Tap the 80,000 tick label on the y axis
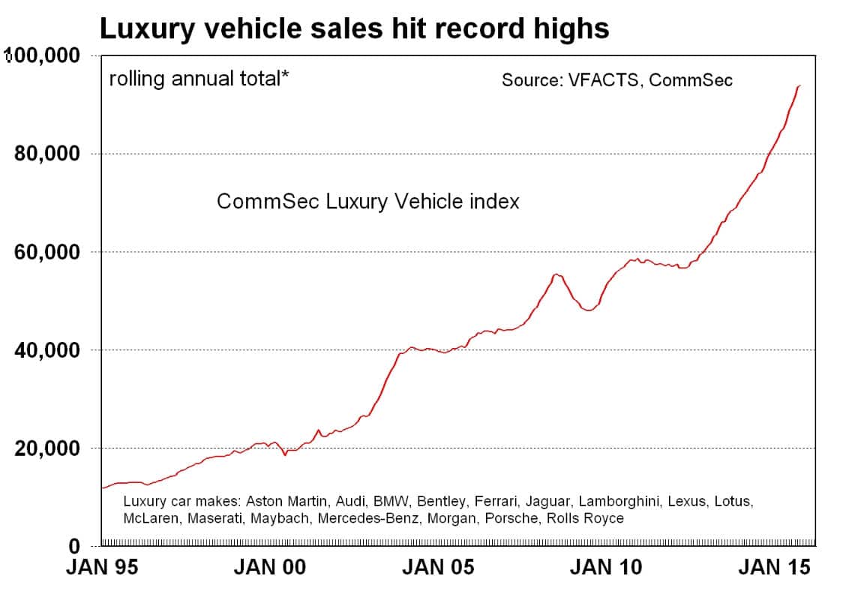pos(46,154)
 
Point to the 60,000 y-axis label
pos(46,252)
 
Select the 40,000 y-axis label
pos(46,350)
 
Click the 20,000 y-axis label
pos(46,448)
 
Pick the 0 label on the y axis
pos(74,546)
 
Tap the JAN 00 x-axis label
pos(269,568)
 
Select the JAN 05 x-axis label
pos(438,568)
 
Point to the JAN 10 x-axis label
pos(606,568)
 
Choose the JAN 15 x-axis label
pos(774,568)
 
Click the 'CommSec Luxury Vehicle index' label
pos(367,202)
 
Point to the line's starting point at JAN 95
pos(101,488)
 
